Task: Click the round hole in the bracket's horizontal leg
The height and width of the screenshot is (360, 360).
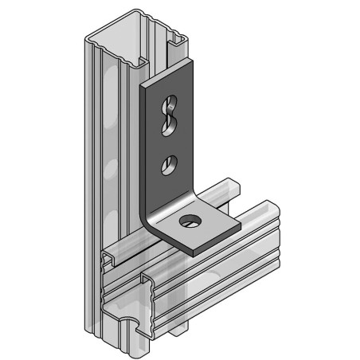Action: (x=190, y=219)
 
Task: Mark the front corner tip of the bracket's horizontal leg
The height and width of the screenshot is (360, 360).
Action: (x=191, y=252)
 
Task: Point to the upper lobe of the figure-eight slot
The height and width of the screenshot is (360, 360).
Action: (x=170, y=103)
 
